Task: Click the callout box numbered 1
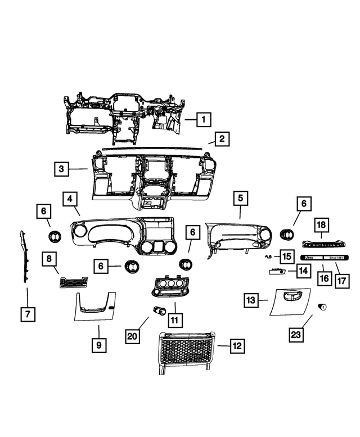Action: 203,119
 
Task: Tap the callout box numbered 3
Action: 62,169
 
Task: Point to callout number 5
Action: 240,198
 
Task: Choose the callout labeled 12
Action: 237,346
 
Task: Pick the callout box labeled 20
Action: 132,336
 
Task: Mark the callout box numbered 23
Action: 296,335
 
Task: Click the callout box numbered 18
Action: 320,225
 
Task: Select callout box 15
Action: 286,256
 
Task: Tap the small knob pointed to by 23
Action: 323,307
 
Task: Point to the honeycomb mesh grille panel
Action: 184,353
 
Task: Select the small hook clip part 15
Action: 269,256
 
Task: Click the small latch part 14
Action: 275,271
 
